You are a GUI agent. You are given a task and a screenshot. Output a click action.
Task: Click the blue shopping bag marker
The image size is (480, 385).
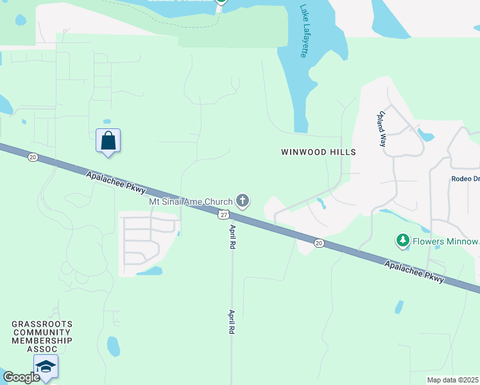(108, 141)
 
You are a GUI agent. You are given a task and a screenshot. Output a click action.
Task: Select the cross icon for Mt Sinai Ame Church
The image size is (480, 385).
(243, 201)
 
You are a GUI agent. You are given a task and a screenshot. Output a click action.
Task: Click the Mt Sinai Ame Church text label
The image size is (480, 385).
(191, 201)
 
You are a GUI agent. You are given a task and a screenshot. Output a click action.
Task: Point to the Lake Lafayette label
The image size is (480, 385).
(304, 31)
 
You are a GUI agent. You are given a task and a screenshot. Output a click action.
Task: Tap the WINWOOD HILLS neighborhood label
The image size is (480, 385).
(318, 152)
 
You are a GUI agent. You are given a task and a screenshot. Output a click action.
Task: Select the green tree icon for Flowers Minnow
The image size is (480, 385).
(403, 241)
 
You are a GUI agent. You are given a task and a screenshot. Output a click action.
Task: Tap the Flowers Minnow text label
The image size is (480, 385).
(445, 241)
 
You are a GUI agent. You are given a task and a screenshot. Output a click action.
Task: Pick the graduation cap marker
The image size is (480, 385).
(46, 366)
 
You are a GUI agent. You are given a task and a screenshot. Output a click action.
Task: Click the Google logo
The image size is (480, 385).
(21, 377)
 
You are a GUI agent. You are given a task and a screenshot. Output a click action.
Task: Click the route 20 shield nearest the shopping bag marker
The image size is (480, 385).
(33, 157)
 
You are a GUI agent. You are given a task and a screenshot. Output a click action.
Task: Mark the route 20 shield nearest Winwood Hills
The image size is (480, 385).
(318, 243)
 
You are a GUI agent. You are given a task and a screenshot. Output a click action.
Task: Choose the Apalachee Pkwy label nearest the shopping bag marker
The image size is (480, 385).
(116, 182)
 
